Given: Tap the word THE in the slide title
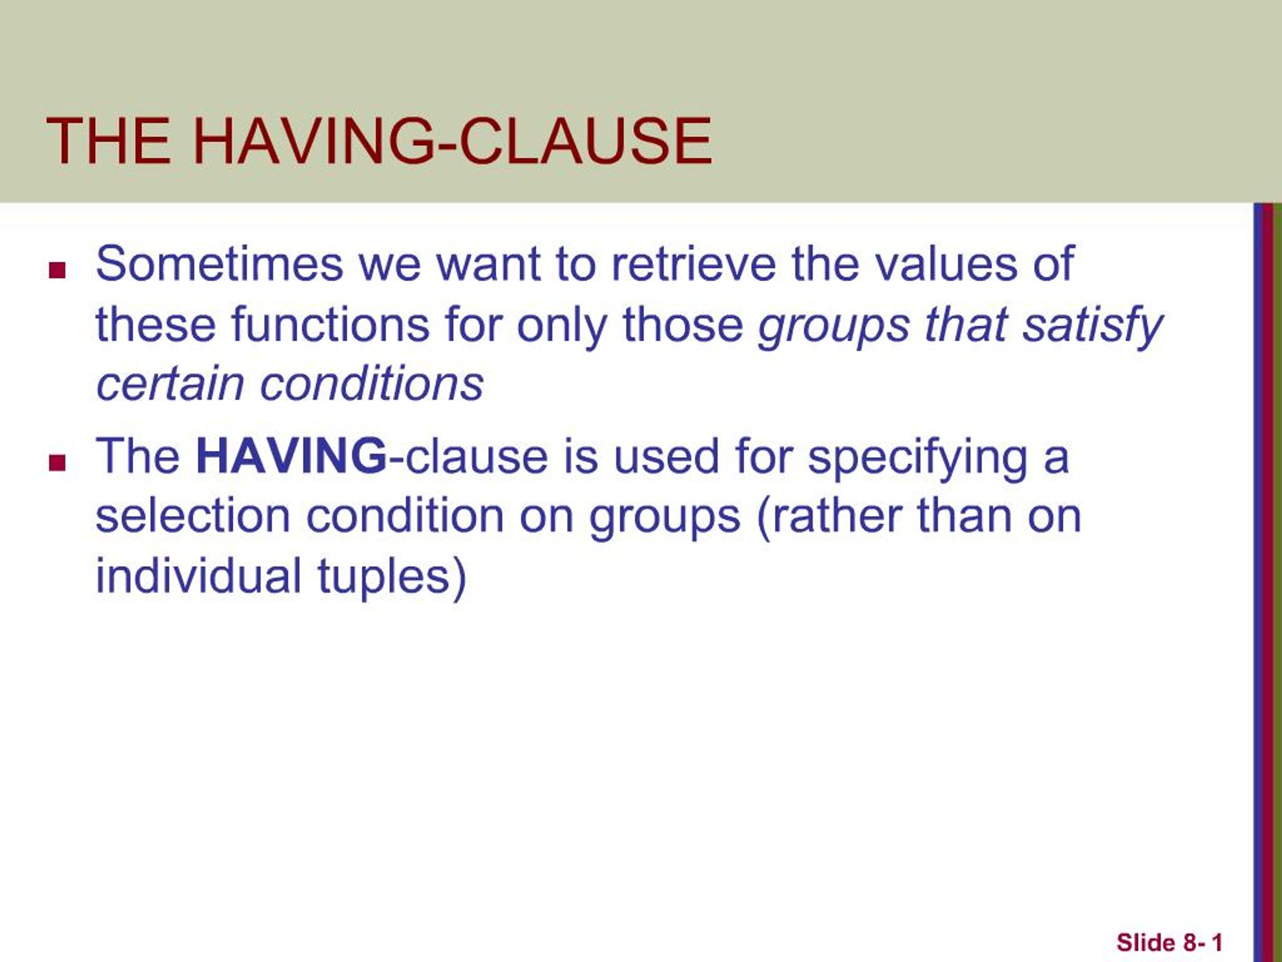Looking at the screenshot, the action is pyautogui.click(x=108, y=141).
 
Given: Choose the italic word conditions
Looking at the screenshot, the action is pyautogui.click(x=372, y=384).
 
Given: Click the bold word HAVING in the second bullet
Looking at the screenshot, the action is pyautogui.click(x=291, y=456).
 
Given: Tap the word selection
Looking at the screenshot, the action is pyautogui.click(x=192, y=516).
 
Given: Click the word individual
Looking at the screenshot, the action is pyautogui.click(x=198, y=576).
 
